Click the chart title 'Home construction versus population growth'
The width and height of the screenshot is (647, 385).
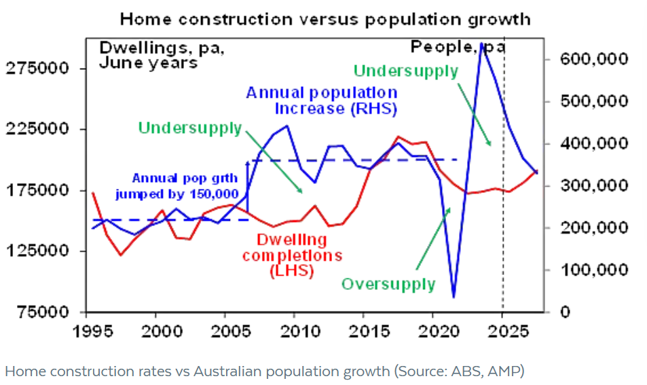[325, 18]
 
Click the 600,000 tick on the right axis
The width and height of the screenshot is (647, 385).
[593, 59]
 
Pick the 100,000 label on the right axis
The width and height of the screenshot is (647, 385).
[593, 270]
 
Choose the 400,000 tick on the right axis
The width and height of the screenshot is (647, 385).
[593, 143]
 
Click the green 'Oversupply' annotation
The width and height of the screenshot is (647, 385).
[388, 283]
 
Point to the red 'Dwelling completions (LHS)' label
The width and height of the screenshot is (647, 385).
[292, 255]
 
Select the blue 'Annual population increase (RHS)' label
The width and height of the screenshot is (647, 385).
[322, 100]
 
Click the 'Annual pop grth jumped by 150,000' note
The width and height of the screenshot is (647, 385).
[185, 186]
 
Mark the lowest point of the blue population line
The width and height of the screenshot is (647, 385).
[454, 297]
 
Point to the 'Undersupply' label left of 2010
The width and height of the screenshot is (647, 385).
[189, 128]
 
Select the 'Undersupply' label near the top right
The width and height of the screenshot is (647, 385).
[406, 71]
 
